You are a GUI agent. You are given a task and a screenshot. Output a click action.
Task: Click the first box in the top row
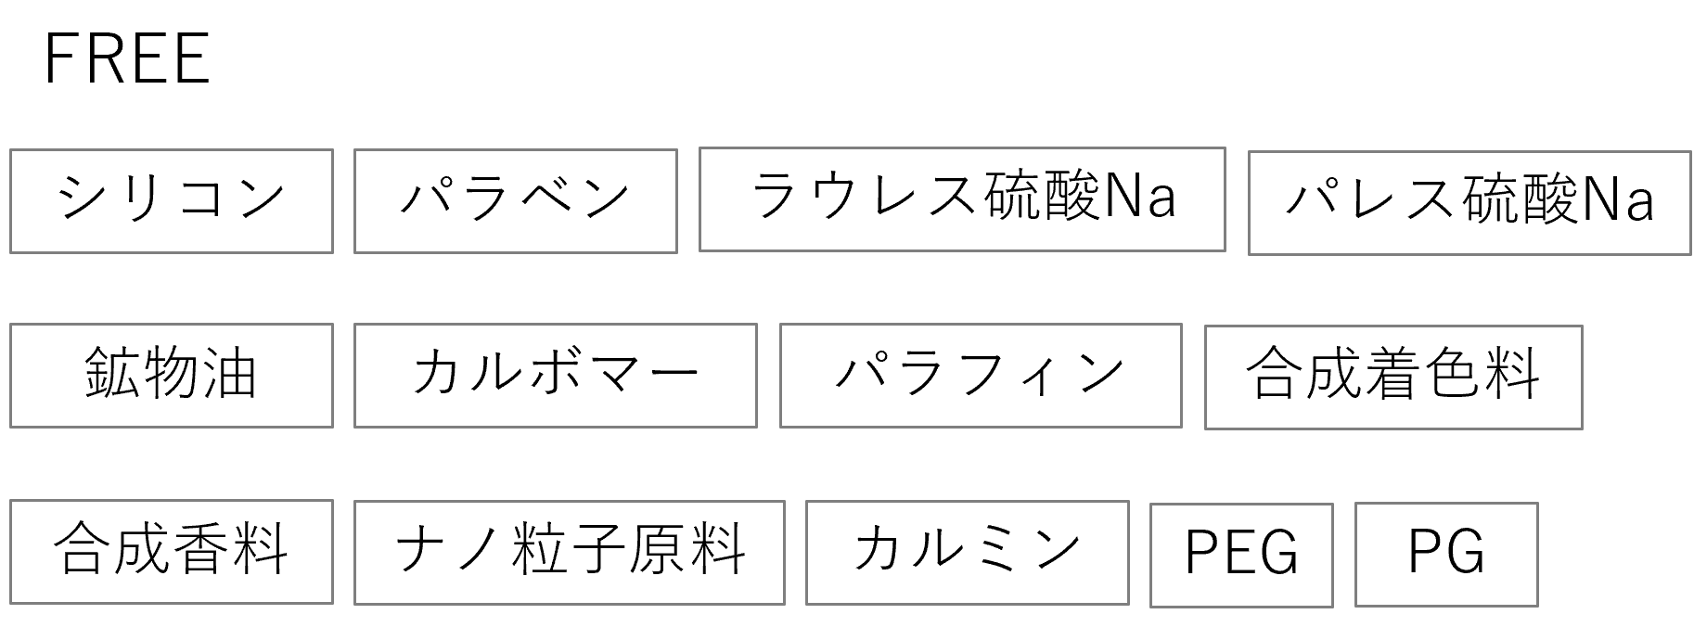click(172, 200)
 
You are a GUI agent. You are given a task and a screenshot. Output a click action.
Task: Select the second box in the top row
click(516, 200)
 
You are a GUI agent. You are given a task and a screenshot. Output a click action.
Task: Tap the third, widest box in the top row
click(962, 198)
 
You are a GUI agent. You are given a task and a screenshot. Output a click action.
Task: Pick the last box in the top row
click(1469, 202)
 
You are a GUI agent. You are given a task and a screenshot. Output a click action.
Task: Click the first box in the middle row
click(172, 376)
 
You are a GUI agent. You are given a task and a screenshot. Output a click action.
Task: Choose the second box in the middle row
click(556, 376)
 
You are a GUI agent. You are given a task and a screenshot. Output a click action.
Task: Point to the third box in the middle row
click(981, 376)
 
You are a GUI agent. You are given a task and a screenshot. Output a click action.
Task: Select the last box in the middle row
click(1393, 377)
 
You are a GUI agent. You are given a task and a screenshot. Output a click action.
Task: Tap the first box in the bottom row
click(172, 552)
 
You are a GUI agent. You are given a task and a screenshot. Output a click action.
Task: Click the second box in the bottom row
click(570, 553)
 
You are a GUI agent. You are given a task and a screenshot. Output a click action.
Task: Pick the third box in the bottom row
click(968, 553)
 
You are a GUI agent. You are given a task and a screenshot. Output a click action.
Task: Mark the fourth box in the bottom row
click(1241, 556)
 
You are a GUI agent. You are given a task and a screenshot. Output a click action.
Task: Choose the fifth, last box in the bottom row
click(1446, 555)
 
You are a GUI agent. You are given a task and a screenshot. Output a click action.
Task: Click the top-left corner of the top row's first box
click(10, 149)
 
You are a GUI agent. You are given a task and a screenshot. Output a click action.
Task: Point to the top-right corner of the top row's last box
click(1690, 152)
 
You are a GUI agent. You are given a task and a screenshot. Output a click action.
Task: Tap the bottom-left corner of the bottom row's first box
click(10, 603)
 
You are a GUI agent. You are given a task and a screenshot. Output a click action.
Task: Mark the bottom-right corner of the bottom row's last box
click(1537, 606)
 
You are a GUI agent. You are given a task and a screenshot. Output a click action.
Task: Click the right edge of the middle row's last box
click(1582, 377)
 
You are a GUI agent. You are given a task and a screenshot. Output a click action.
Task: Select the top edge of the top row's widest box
click(962, 147)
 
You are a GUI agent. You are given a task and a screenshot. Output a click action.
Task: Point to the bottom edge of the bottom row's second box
click(570, 604)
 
